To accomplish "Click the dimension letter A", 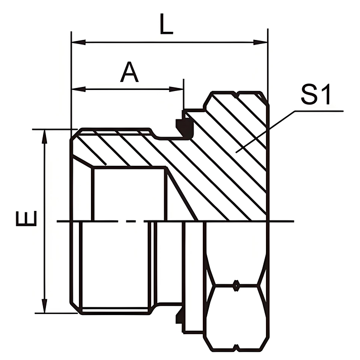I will click(129, 73).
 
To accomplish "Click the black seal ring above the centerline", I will click(179, 123).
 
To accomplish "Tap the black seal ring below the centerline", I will click(178, 319).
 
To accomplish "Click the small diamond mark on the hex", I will click(236, 286).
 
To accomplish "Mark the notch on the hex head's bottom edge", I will click(236, 348).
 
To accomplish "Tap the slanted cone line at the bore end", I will click(183, 195).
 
